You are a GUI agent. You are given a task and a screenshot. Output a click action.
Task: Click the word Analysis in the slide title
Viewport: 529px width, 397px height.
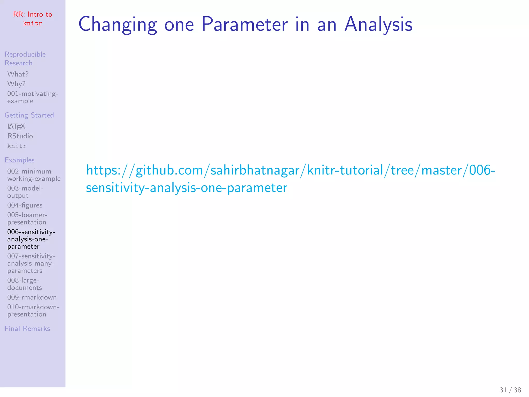(x=378, y=24)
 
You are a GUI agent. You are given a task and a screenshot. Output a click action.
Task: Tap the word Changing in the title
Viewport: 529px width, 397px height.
(x=118, y=24)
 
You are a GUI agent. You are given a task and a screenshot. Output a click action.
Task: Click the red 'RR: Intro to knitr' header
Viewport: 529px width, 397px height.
(x=33, y=19)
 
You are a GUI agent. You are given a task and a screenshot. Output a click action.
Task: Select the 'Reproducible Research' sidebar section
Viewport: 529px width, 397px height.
(x=25, y=59)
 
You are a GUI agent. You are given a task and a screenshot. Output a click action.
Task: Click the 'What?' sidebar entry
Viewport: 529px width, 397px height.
(x=18, y=74)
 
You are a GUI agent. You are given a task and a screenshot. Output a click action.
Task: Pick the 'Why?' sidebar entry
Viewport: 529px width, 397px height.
(x=16, y=84)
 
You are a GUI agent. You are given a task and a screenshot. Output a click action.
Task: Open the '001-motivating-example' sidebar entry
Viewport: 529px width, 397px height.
(x=33, y=97)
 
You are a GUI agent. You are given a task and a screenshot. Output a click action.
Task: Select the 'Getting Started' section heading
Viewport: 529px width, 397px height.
(x=29, y=115)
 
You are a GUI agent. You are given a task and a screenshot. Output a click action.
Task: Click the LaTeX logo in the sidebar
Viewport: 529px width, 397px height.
(x=16, y=126)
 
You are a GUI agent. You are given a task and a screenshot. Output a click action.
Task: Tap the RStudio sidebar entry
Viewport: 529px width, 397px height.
(x=20, y=136)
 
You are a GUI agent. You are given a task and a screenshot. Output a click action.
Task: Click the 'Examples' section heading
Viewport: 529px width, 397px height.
(x=20, y=160)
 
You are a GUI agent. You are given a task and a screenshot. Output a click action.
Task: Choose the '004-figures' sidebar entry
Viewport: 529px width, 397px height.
(x=25, y=205)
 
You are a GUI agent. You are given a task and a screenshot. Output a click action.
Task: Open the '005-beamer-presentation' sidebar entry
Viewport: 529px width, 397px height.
(x=27, y=219)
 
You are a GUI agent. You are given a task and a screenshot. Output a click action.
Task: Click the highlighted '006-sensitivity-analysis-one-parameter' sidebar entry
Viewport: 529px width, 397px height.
(x=31, y=239)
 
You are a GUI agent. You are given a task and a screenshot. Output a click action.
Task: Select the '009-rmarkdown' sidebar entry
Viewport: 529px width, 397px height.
(x=32, y=297)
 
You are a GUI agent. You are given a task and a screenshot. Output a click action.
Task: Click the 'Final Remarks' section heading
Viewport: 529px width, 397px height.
(x=27, y=329)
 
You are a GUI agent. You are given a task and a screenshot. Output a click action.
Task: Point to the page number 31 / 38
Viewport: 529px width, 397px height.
(x=510, y=390)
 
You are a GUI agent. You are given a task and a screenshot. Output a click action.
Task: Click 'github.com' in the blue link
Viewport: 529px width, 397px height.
(x=169, y=171)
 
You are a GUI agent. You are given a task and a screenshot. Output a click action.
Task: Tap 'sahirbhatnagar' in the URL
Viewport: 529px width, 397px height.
(x=255, y=171)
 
